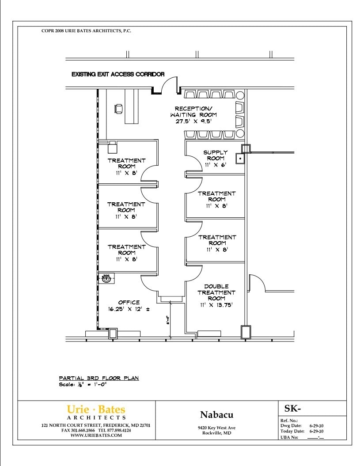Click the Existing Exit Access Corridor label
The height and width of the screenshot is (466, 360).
118,74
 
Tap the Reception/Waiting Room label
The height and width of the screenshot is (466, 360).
193,112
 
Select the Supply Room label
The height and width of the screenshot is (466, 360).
215,155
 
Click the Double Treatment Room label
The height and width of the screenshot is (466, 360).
216,292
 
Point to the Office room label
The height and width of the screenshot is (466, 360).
129,303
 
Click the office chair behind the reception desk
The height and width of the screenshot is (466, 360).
118,109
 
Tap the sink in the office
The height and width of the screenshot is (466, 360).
106,279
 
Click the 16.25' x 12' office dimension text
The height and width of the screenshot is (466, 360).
129,309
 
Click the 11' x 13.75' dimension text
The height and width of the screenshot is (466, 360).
216,305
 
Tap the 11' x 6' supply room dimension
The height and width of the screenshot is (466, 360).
215,165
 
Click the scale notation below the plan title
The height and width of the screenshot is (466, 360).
83,385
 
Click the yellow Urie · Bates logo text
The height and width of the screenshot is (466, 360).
96,409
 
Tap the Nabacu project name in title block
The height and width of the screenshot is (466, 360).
216,415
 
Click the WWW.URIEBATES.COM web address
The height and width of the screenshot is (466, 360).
96,436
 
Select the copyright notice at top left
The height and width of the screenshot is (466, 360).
86,31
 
